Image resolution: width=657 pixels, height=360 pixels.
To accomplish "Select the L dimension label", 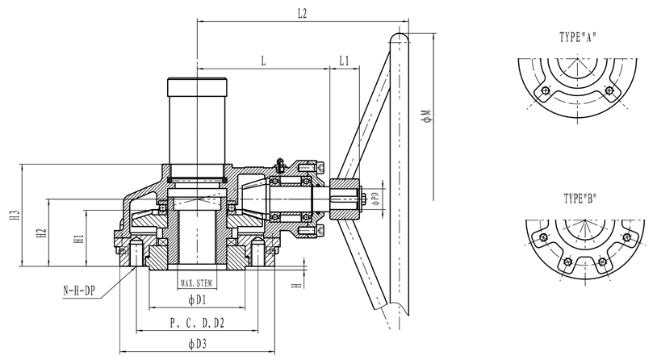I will (x=263, y=61).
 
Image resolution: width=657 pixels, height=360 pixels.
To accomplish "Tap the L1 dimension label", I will (x=344, y=61).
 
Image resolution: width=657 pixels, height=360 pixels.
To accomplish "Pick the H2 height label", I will (x=41, y=233).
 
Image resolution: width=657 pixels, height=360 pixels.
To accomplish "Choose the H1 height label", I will (x=77, y=239).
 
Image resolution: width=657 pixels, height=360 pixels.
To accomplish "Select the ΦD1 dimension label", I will (x=198, y=300).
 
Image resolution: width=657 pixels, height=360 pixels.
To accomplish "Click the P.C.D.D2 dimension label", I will (x=197, y=323).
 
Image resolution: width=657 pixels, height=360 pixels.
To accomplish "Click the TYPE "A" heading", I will (x=577, y=36).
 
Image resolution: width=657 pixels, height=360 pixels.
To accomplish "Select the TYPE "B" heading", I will (x=579, y=199).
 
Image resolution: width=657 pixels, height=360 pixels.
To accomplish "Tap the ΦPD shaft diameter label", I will (x=376, y=199).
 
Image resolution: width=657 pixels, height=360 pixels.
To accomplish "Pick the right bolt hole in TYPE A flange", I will (x=611, y=90).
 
